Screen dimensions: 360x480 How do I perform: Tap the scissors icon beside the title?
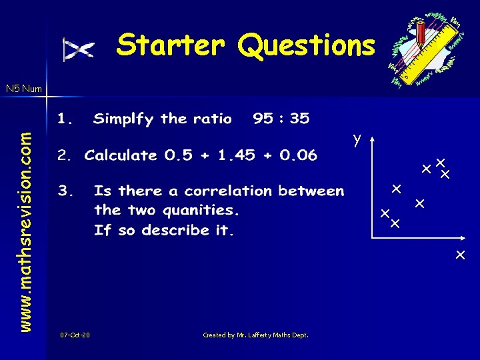tap(78, 49)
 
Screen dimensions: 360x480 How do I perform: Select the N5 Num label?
tap(23, 88)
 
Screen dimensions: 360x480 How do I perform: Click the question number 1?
tap(65, 119)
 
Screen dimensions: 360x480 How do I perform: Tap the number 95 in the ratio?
tap(263, 119)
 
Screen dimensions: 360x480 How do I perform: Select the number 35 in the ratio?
tap(299, 119)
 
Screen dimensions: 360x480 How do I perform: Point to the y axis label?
tap(358, 139)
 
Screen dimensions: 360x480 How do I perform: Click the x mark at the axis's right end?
tap(460, 255)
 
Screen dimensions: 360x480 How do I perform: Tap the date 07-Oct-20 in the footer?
tap(75, 335)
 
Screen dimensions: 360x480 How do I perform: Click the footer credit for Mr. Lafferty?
tap(255, 335)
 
